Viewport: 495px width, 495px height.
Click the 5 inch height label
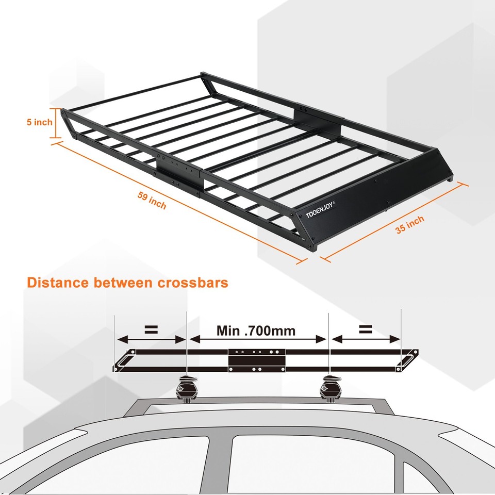point(39,122)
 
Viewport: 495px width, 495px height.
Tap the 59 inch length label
point(152,200)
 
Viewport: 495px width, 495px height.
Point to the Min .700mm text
point(256,330)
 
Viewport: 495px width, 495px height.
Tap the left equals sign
point(151,329)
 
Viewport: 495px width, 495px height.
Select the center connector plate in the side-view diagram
point(257,359)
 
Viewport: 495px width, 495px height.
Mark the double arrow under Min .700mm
point(258,339)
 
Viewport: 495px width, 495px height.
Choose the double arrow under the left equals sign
point(151,339)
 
